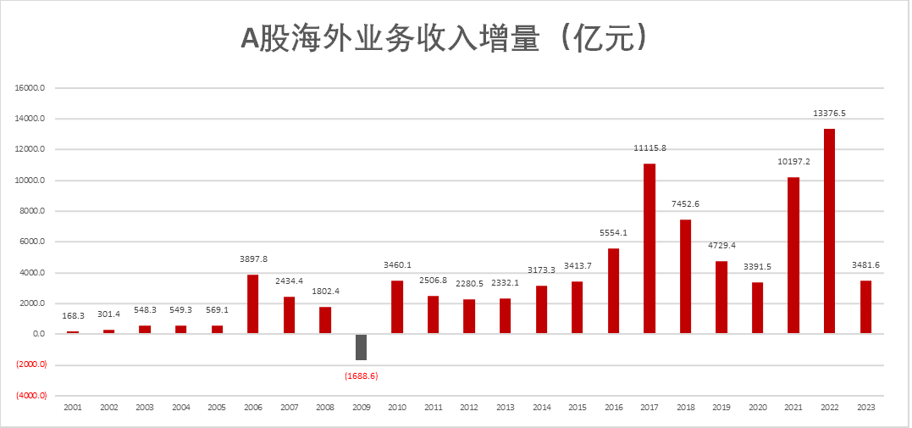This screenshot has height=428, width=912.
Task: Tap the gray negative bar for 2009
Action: [x=361, y=347]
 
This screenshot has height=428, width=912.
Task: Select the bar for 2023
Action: [x=865, y=307]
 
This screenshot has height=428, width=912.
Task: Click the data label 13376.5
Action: [x=829, y=113]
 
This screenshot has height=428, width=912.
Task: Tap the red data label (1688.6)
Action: [x=361, y=375]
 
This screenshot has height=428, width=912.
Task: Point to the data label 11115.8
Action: [x=649, y=148]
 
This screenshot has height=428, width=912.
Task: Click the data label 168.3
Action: [x=73, y=316]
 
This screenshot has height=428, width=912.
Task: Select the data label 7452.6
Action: [x=685, y=204]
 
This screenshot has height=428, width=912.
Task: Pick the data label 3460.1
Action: [x=397, y=265]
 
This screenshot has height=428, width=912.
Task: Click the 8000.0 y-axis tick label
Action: [x=30, y=211]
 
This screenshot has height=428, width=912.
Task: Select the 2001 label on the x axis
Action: [x=73, y=408]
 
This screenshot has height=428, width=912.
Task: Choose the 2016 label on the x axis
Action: [x=613, y=408]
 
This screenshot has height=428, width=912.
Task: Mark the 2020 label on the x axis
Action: [x=757, y=408]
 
